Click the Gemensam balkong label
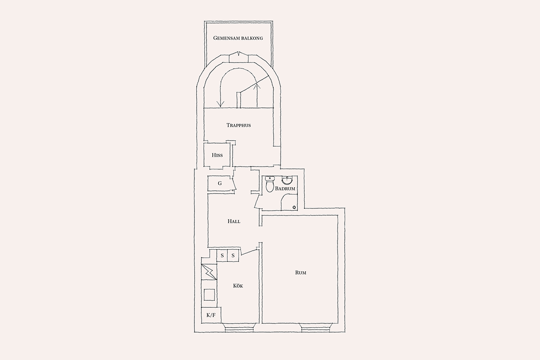[x=238, y=38]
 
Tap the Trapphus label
[x=238, y=125]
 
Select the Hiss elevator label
[x=217, y=155]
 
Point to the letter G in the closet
[x=220, y=184]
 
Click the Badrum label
[x=285, y=189]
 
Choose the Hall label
[x=234, y=221]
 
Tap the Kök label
[x=238, y=286]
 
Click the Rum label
[x=301, y=273]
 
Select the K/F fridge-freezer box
[x=211, y=315]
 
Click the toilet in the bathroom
[x=270, y=184]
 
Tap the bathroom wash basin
[x=287, y=180]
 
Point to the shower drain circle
[x=294, y=207]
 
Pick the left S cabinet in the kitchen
[x=222, y=256]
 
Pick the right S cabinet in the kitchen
[x=233, y=256]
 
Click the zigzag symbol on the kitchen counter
[x=209, y=272]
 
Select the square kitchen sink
[x=209, y=295]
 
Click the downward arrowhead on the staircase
[x=220, y=104]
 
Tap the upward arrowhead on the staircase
[x=257, y=85]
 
